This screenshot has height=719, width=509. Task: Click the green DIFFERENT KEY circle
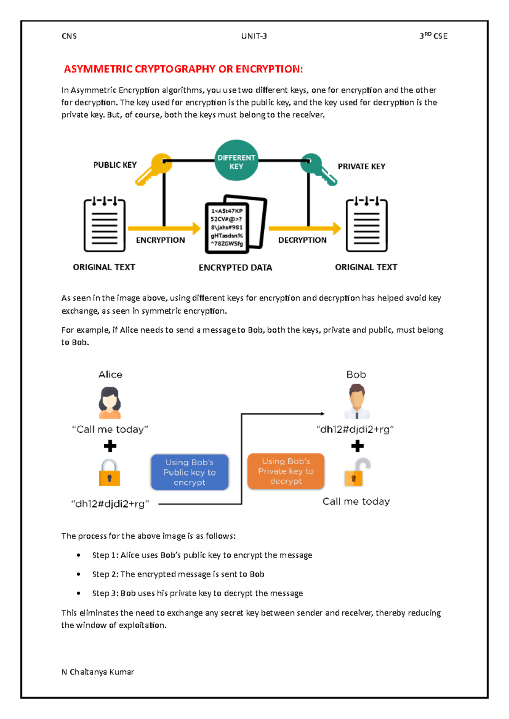tap(236, 160)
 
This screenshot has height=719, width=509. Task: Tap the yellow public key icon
tap(154, 169)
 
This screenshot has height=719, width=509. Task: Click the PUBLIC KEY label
tap(115, 165)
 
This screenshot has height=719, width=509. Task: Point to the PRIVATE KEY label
tap(361, 167)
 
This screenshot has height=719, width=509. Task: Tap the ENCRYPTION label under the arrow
tap(160, 240)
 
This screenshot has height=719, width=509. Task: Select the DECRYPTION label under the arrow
tap(302, 240)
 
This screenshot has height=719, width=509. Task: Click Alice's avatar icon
tap(110, 403)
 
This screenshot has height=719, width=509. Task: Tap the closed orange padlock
tap(109, 473)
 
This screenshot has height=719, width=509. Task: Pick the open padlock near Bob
tap(357, 472)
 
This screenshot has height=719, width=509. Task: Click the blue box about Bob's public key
tap(190, 472)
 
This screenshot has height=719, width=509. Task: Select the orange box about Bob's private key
tap(286, 471)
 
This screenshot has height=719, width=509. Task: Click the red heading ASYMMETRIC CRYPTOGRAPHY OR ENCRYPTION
tap(183, 69)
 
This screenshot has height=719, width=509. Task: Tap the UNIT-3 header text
tap(254, 36)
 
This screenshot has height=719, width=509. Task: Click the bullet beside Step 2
tap(78, 574)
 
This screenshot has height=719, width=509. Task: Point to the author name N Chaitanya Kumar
tap(98, 672)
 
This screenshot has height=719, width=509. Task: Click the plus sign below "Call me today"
tap(110, 446)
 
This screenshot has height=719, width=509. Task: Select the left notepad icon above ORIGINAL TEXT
tap(104, 225)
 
